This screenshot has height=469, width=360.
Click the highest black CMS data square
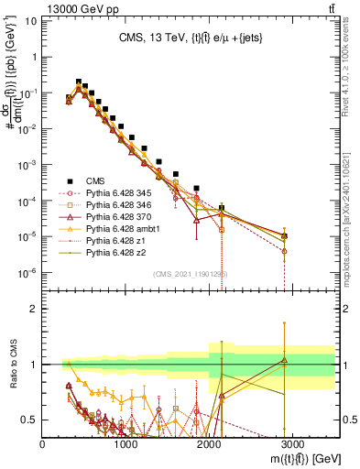point(79,82)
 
